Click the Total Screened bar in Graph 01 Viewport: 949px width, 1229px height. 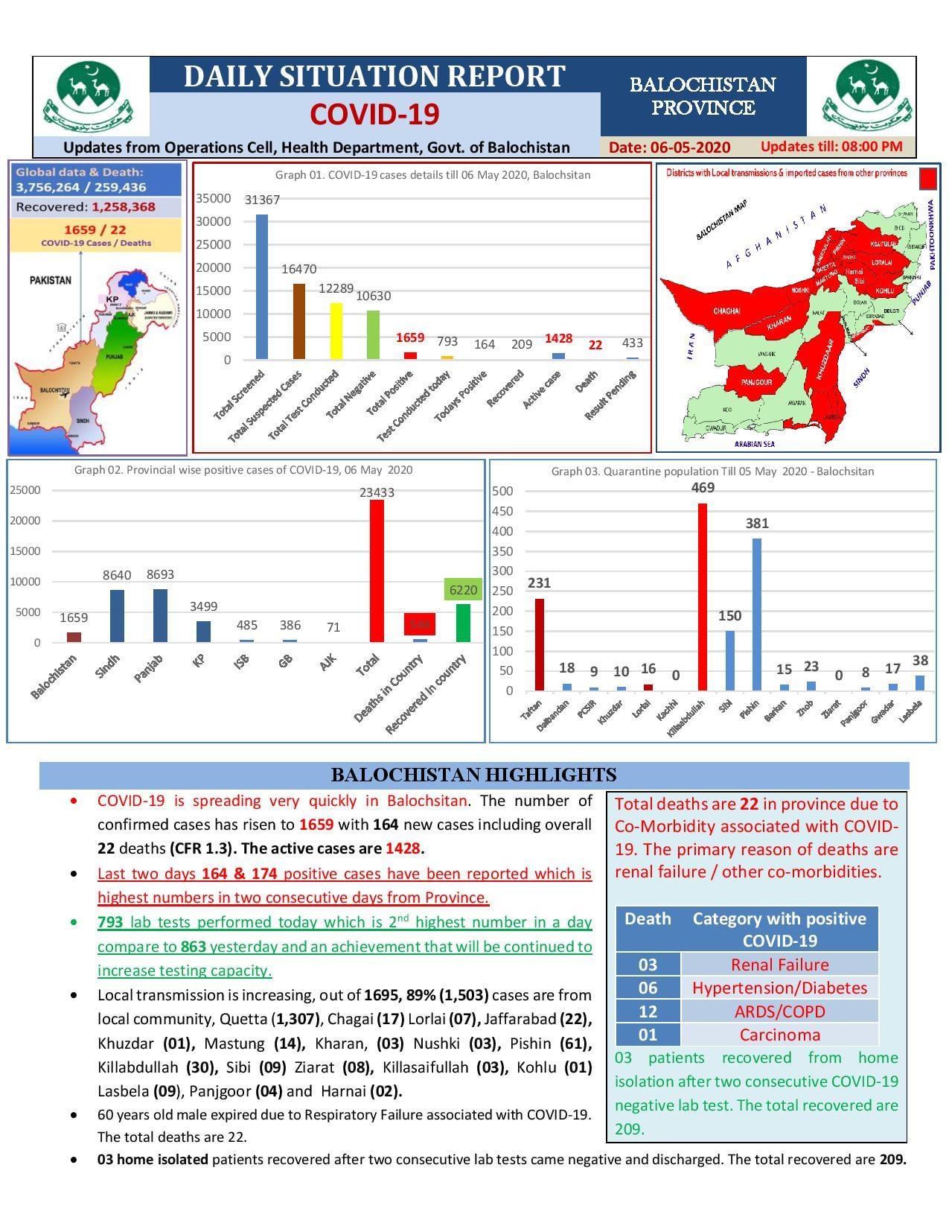tap(262, 287)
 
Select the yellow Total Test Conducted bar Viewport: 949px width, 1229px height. tap(336, 331)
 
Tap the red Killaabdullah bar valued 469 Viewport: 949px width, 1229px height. tap(702, 597)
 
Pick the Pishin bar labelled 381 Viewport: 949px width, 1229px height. tap(757, 614)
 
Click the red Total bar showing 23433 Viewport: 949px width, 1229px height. tap(377, 571)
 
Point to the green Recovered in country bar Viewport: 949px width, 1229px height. tap(463, 623)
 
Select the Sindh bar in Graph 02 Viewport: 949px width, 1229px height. tap(117, 615)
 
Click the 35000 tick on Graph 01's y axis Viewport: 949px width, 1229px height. tap(213, 198)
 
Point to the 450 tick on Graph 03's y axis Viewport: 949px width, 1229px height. tap(502, 511)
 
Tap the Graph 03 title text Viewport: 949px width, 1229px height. tap(712, 471)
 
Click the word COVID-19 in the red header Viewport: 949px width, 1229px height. tap(374, 114)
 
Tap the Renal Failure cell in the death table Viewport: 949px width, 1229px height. tap(779, 965)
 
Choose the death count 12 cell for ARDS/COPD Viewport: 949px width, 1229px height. tap(648, 1012)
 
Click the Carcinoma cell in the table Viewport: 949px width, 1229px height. tap(779, 1035)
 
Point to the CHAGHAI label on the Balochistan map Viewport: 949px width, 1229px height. tap(726, 311)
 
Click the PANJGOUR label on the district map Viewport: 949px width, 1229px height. tap(756, 382)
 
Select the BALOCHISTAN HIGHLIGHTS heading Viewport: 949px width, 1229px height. tap(473, 775)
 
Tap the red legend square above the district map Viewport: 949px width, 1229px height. tap(927, 179)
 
